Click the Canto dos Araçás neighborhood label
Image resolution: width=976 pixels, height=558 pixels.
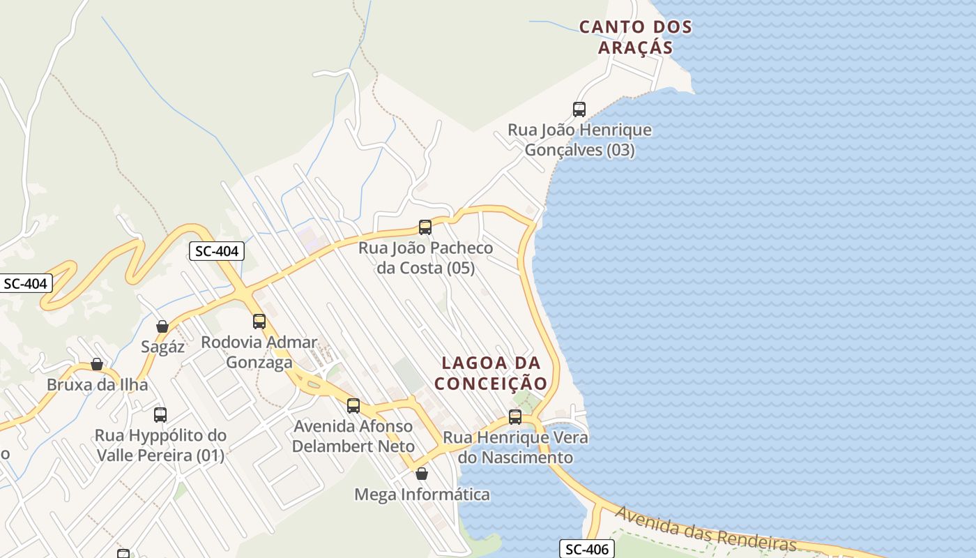point(635,37)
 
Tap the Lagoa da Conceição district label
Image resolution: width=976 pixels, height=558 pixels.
point(491,373)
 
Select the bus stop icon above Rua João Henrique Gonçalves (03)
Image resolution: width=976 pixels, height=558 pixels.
point(579,109)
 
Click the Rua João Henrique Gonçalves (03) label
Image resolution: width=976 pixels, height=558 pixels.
point(579,139)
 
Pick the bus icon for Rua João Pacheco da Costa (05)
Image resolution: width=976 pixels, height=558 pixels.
point(425,227)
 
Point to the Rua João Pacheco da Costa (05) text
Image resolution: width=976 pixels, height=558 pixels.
point(425,257)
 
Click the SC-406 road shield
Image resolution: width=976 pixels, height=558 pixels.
point(587,549)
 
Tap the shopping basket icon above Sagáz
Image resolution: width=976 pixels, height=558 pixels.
point(162,326)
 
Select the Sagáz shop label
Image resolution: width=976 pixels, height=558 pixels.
point(162,347)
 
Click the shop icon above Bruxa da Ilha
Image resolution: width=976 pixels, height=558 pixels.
point(97,364)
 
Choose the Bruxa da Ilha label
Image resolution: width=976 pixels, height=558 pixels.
point(97,385)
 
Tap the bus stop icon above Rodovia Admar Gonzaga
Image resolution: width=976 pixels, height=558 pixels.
point(259,321)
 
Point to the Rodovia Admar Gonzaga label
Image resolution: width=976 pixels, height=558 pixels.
point(259,352)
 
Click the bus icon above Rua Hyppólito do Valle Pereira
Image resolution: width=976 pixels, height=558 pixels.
point(160,414)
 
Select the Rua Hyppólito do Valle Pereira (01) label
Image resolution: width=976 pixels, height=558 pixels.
point(160,445)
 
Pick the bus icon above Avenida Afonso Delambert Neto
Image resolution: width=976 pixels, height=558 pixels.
point(353,405)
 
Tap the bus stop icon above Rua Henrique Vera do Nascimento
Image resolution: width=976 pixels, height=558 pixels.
point(515,416)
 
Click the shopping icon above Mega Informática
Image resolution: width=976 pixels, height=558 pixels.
point(422,474)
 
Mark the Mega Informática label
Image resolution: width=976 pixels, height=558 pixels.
point(422,495)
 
